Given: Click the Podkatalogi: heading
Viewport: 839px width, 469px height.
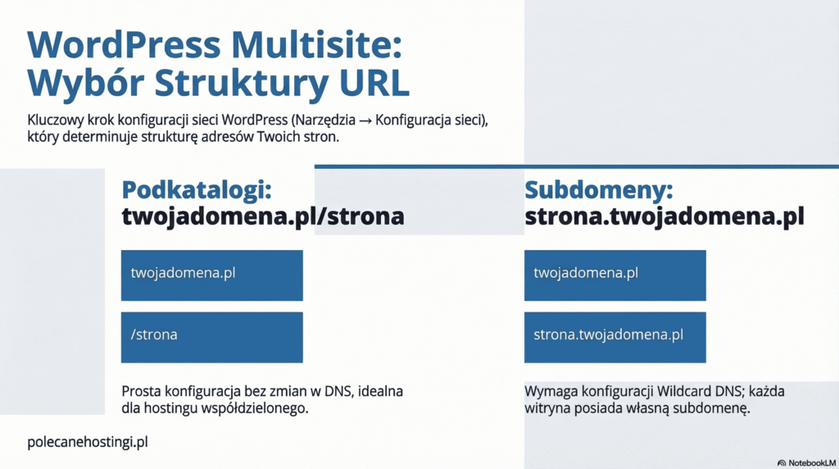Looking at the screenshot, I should click(x=196, y=190).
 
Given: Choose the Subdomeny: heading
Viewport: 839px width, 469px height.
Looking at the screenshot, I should click(x=598, y=190).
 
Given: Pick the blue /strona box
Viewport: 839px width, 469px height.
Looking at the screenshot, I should click(x=211, y=337).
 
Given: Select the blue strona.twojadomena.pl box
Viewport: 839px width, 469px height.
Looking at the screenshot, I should click(x=615, y=337).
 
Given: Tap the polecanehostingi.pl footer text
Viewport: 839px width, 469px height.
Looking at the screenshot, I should click(x=87, y=442).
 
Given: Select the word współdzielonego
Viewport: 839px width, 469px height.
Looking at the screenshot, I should click(x=258, y=408).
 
